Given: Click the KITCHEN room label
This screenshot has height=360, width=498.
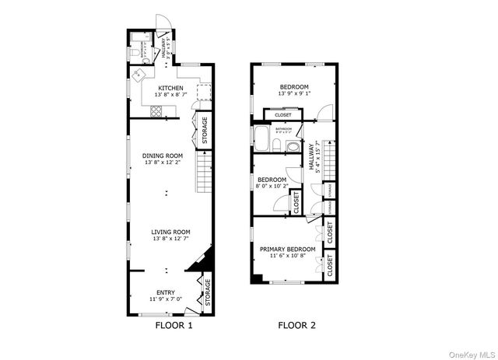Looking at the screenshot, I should pos(170,88).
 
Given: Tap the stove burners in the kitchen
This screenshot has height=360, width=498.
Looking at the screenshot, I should pos(156,110).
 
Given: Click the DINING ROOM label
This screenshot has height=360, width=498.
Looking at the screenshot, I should pos(162,156).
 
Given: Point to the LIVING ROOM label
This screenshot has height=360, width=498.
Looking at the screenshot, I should pos(171,232).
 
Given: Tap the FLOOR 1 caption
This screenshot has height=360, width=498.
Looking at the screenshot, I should pos(174,326).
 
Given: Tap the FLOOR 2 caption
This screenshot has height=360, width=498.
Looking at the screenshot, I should pos(297,326).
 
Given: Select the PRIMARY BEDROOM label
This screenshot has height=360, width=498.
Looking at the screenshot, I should pos(287,249).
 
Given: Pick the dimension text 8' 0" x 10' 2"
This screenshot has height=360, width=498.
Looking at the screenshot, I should pos(272,186).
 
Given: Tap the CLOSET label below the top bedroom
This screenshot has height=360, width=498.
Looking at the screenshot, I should pos(283,115).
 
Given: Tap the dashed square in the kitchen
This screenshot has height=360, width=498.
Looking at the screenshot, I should pos(205,93).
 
